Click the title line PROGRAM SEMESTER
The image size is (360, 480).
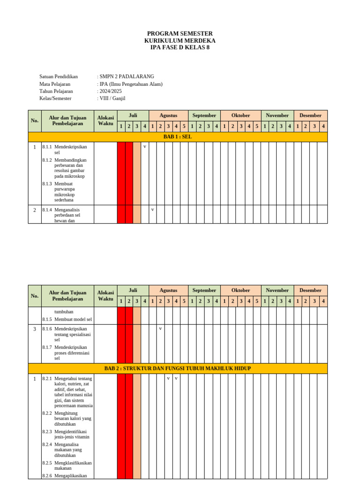180,34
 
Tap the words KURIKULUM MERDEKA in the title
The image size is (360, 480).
180,41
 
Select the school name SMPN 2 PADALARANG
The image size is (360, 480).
127,76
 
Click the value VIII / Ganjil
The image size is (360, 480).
112,98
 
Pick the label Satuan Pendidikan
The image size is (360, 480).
59,76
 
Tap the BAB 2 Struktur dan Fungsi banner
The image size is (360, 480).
178,368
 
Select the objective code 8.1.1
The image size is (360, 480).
47,147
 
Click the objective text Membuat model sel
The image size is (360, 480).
73,319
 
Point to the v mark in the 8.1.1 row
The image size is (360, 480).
144,147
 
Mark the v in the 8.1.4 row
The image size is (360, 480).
152,210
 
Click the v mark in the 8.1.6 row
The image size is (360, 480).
160,329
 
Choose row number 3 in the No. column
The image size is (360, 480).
35,329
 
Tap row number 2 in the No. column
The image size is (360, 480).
35,210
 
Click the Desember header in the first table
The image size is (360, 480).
310,115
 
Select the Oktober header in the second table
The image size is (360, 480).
240,290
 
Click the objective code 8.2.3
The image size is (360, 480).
47,432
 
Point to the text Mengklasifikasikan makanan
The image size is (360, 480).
73,465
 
